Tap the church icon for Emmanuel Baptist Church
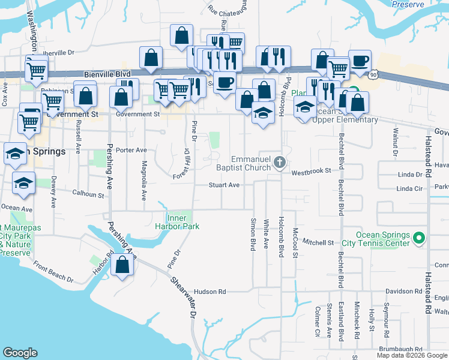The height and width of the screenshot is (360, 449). [x=279, y=162]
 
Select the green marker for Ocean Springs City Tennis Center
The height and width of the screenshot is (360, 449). [x=419, y=239]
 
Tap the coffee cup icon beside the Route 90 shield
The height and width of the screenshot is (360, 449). [x=360, y=61]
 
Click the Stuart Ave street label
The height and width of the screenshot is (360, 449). [x=224, y=185]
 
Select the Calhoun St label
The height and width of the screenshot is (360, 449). [x=88, y=194]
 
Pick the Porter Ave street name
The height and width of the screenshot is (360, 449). [x=131, y=150]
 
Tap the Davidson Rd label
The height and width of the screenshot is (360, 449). [x=403, y=291]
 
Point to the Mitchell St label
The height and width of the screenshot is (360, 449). [x=318, y=242]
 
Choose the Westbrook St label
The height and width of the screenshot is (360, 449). [x=312, y=172]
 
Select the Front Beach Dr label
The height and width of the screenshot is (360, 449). [x=53, y=272]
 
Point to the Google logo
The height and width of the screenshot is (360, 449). [x=20, y=353]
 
